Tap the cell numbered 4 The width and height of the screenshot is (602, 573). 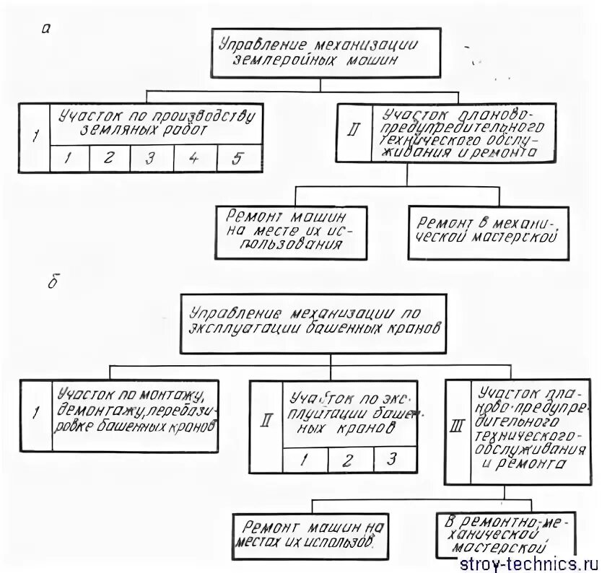coord(194,159)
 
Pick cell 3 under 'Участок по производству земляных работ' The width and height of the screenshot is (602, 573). coord(149,159)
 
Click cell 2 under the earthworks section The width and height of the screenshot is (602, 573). coord(108,159)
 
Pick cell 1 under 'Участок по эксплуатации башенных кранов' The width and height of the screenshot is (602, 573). coord(304,459)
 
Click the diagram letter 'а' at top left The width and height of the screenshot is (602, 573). coord(45,29)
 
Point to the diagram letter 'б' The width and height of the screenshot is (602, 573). coord(52,282)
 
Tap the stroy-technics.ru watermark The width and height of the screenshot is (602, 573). coord(538,562)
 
